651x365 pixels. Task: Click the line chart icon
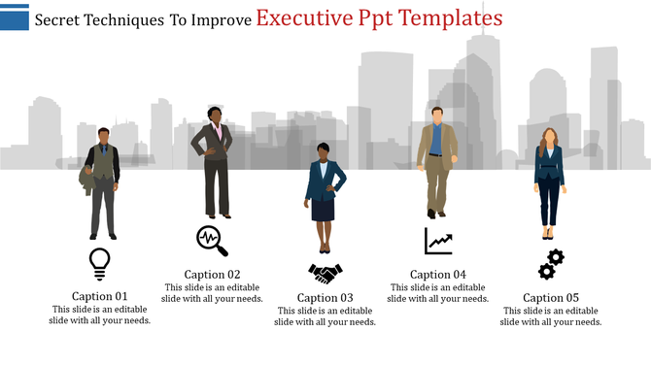pos(438,240)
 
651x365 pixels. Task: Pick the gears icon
pos(551,263)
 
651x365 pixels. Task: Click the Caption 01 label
pos(100,296)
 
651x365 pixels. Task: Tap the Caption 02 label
pos(212,275)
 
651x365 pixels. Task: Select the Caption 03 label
pos(325,298)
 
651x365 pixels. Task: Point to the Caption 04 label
pos(438,275)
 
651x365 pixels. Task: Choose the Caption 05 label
pos(551,298)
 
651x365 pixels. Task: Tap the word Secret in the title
pos(59,19)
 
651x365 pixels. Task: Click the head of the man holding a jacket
pos(104,134)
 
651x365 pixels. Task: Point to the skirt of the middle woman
pos(324,209)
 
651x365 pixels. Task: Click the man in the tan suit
pos(436,160)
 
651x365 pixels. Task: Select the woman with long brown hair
pos(550,180)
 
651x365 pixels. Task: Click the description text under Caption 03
pos(325,316)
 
